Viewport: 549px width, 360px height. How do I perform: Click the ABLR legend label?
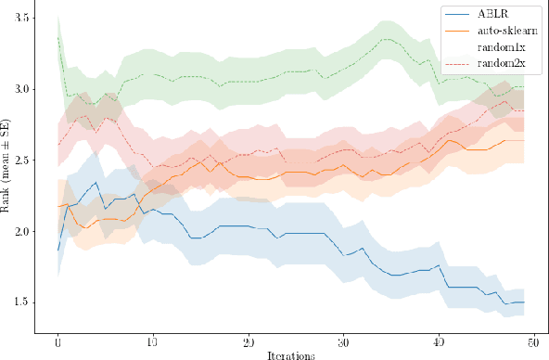[492, 16]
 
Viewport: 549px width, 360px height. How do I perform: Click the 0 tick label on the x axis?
[57, 341]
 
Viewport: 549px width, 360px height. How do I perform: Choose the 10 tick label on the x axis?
[153, 341]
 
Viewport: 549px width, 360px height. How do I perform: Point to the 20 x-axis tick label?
[249, 341]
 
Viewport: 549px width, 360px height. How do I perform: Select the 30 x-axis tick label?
[343, 341]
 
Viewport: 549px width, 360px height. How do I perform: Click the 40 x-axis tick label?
[439, 341]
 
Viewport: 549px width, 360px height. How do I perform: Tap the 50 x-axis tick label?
[533, 341]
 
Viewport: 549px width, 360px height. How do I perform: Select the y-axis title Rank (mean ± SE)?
[7, 167]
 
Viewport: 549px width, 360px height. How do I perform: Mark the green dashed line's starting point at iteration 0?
[57, 38]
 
